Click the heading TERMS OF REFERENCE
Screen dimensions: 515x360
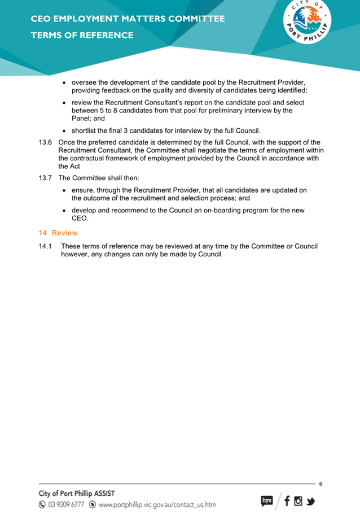point(82,35)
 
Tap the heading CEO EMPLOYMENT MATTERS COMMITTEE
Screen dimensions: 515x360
point(128,19)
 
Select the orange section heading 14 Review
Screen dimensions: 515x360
point(58,233)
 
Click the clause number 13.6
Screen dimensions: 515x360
point(45,142)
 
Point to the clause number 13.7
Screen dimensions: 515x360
point(45,178)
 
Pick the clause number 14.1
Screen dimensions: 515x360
point(45,246)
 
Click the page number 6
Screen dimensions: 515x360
point(321,484)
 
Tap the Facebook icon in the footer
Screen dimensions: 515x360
point(287,500)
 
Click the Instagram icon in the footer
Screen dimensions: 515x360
point(298,500)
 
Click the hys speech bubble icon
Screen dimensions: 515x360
point(266,500)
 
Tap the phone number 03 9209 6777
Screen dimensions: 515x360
point(66,504)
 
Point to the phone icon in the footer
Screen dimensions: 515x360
point(42,504)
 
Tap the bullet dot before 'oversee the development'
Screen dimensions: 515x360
point(65,82)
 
